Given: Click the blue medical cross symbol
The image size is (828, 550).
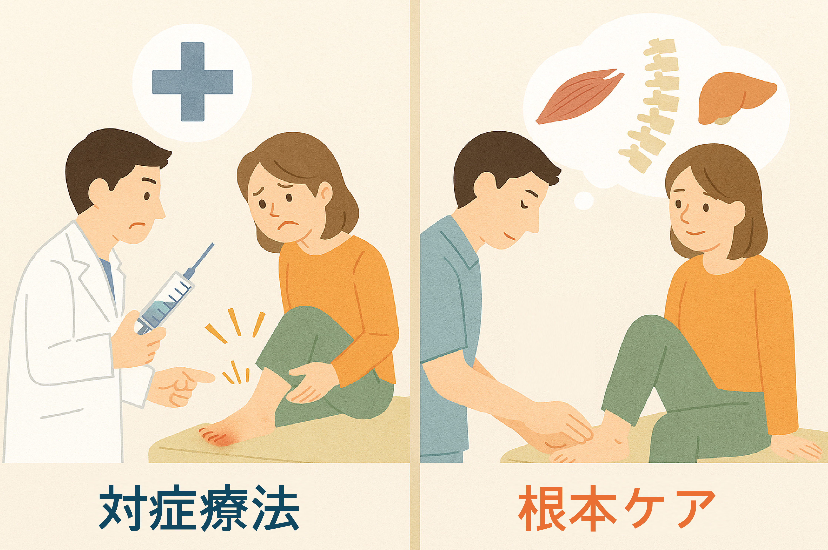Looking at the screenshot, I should (x=192, y=82).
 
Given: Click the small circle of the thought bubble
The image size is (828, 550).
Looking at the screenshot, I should (x=584, y=201).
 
